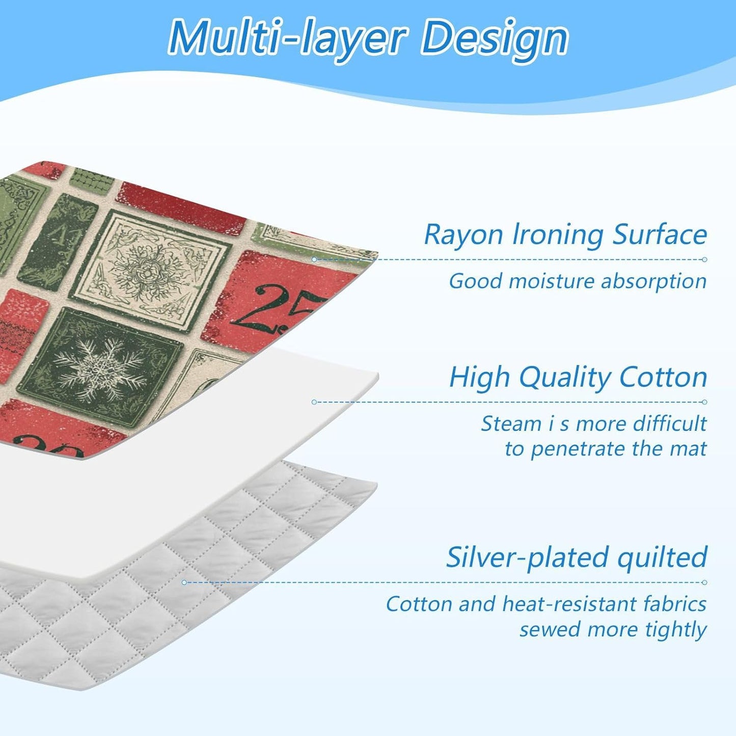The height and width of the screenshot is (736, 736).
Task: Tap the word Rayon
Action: [x=464, y=235]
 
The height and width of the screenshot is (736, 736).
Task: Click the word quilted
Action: [x=662, y=558]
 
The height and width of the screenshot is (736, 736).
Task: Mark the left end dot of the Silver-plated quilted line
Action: [x=184, y=582]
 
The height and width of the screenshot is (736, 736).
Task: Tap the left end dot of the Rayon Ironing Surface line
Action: [x=314, y=259]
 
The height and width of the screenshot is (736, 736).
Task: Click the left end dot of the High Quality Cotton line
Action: [x=314, y=402]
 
